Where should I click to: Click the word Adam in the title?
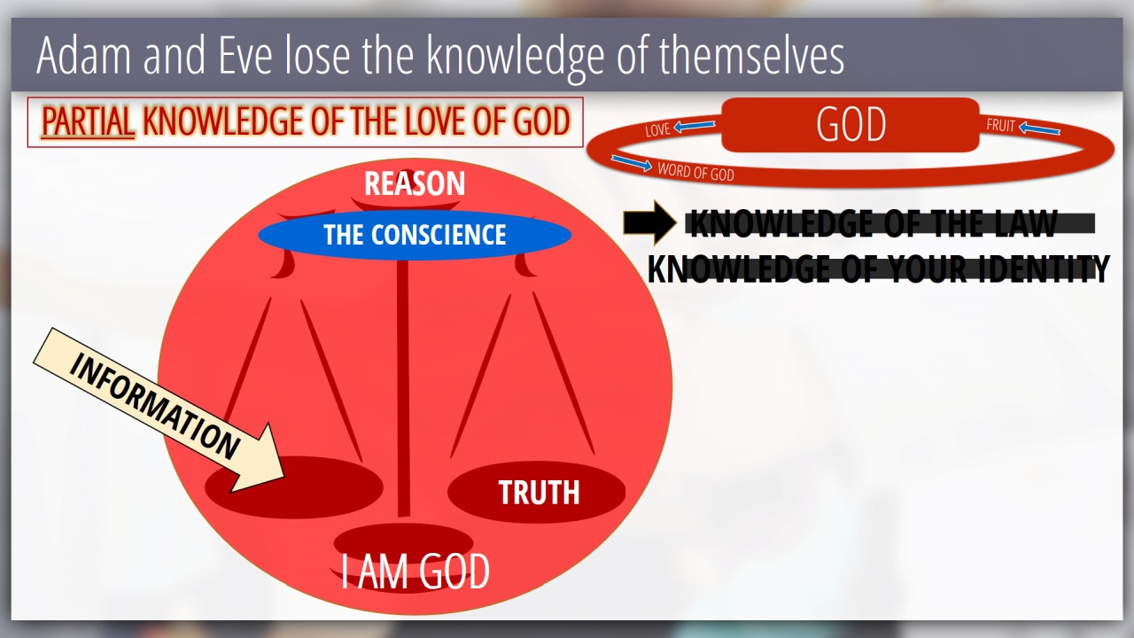pyautogui.click(x=84, y=55)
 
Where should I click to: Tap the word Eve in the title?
pyautogui.click(x=246, y=55)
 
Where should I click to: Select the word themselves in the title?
pyautogui.click(x=751, y=55)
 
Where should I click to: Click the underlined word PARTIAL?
pyautogui.click(x=88, y=121)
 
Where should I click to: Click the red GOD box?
pyautogui.click(x=850, y=125)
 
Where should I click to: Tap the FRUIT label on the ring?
pyautogui.click(x=1000, y=125)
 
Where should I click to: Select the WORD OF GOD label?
pyautogui.click(x=695, y=172)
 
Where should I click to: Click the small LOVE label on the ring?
pyautogui.click(x=657, y=129)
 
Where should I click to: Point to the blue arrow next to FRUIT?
pyautogui.click(x=1039, y=128)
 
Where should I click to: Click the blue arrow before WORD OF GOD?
pyautogui.click(x=632, y=162)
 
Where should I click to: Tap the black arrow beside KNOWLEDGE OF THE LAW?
pyautogui.click(x=649, y=222)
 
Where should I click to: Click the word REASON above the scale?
pyautogui.click(x=415, y=183)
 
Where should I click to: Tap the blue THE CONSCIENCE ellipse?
pyautogui.click(x=415, y=235)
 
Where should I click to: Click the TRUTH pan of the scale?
pyautogui.click(x=537, y=492)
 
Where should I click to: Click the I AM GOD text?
pyautogui.click(x=415, y=571)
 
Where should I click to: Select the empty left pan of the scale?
pyautogui.click(x=293, y=487)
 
